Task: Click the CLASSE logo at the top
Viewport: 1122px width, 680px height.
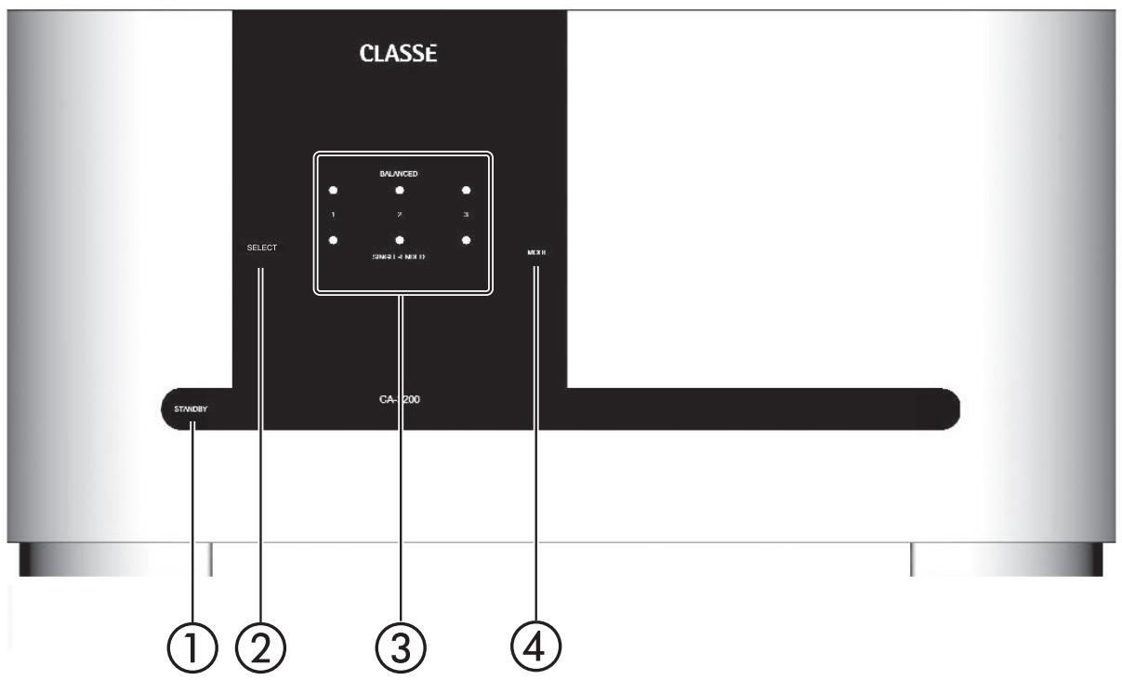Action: click(x=398, y=56)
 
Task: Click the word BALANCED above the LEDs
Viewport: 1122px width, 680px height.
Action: click(x=399, y=174)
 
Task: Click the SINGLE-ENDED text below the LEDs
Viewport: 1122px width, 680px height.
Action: click(x=399, y=256)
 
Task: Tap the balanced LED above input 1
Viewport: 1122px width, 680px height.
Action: click(x=333, y=190)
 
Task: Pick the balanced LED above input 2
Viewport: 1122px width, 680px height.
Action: click(x=399, y=190)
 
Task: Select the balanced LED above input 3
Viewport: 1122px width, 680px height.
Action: click(x=466, y=190)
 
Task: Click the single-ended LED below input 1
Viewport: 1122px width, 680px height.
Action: click(x=333, y=240)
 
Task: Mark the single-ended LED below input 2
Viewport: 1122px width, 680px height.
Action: click(x=399, y=240)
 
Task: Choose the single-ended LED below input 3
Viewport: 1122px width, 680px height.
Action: click(x=466, y=240)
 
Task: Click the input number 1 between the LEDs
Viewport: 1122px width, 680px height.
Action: click(x=333, y=216)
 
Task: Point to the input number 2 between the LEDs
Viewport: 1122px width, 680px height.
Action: click(x=399, y=216)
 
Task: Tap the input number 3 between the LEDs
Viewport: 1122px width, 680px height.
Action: click(x=466, y=216)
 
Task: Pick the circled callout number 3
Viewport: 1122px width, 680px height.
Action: click(x=399, y=645)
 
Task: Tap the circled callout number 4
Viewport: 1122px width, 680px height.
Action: click(x=536, y=645)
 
